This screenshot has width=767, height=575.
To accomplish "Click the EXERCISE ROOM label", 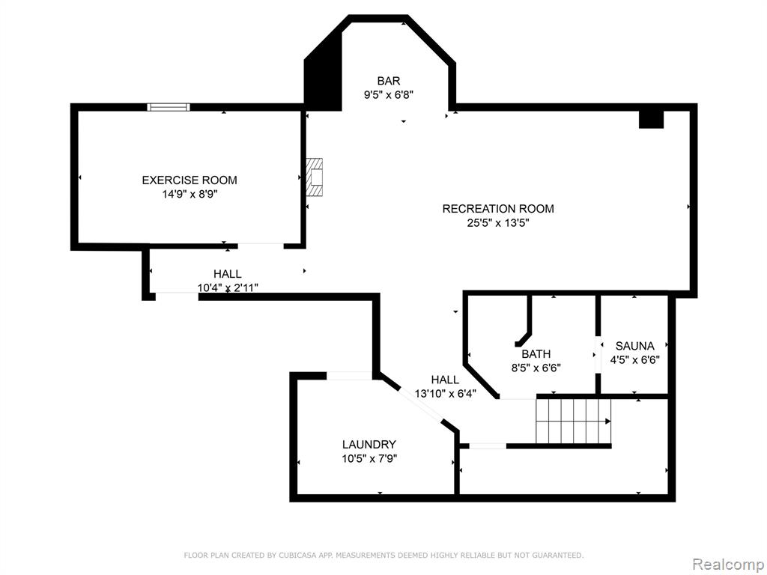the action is [x=190, y=180].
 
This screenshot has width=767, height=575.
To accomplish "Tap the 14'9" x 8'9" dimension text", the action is [x=190, y=194].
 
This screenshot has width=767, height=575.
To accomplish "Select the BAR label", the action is [x=389, y=81].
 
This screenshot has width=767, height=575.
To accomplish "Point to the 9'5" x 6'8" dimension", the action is [x=389, y=95].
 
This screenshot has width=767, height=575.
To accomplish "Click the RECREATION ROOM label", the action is [x=498, y=209].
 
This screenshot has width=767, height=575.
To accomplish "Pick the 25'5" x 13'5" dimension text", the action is [x=498, y=223].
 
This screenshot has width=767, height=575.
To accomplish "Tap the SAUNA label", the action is [x=634, y=346].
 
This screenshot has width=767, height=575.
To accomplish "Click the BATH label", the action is [x=536, y=353].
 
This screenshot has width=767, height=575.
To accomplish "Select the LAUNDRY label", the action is [x=369, y=445].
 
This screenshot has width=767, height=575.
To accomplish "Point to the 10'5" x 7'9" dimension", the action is [x=369, y=459].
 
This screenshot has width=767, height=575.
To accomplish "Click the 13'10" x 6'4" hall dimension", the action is [x=445, y=394].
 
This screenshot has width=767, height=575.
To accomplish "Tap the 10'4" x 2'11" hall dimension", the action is [x=228, y=287].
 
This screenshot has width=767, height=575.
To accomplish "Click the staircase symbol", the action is [x=573, y=421].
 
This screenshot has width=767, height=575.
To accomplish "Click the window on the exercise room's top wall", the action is [x=169, y=107].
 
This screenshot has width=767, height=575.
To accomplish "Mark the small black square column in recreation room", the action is [x=651, y=119].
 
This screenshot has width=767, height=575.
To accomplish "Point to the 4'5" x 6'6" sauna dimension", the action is [x=634, y=360].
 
